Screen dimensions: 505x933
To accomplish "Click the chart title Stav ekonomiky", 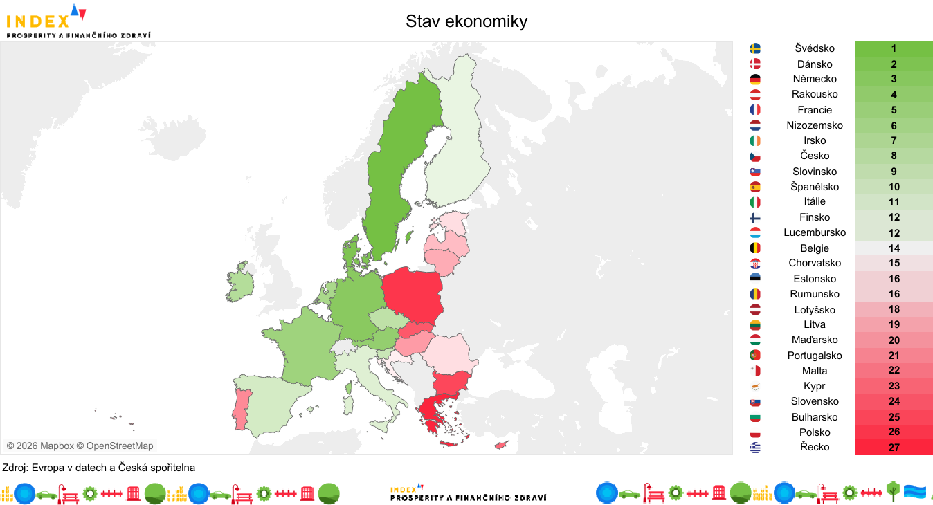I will tap(466, 21).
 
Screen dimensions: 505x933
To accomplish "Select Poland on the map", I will tap(413, 294).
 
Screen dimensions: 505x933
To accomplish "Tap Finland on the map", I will tap(453, 152).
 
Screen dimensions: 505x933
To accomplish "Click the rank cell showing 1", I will tap(894, 48).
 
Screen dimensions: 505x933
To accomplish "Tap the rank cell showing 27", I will tap(894, 448).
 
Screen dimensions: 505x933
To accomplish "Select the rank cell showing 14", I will tap(894, 248).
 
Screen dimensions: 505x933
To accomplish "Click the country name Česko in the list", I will tap(815, 156).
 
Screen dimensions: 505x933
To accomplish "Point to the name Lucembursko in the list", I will tap(815, 232).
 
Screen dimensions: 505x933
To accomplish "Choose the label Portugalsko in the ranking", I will tap(815, 356).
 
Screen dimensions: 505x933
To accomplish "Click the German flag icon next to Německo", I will tap(755, 80).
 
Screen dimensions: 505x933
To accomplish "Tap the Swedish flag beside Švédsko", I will tap(755, 48).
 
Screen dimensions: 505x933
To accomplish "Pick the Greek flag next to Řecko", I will tap(755, 448).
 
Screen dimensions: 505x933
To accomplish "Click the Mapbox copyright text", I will tap(80, 446).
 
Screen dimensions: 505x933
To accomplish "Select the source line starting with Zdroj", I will tap(99, 468).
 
